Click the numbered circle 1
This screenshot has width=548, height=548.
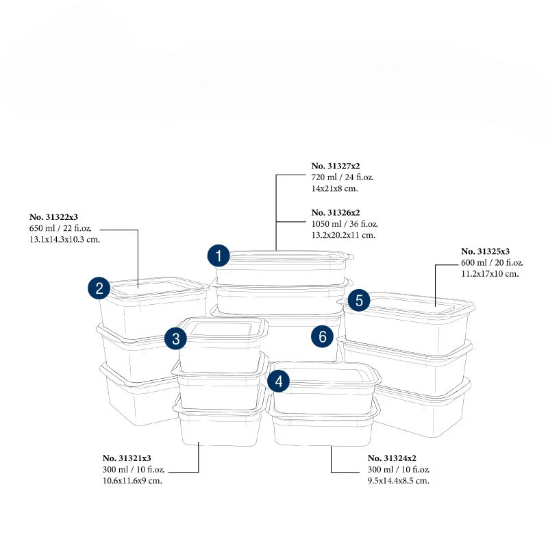(x=219, y=257)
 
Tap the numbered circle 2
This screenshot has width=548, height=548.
(x=99, y=288)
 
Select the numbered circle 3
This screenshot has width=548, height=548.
(x=176, y=338)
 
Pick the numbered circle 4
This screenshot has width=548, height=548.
(x=278, y=382)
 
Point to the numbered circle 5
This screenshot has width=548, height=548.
(x=359, y=300)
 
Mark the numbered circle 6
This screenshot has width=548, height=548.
(x=322, y=336)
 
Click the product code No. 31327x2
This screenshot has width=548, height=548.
(x=336, y=166)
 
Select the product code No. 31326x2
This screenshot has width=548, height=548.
(x=336, y=212)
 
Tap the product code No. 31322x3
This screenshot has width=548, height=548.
(x=59, y=216)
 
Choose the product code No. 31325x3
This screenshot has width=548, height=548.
(x=486, y=251)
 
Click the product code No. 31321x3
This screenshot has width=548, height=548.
(x=127, y=458)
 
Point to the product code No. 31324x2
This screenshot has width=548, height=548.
(x=393, y=458)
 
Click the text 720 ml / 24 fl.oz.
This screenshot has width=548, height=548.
(x=342, y=177)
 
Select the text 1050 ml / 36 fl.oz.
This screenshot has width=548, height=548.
(x=345, y=224)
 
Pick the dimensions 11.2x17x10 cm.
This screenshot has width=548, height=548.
(x=490, y=274)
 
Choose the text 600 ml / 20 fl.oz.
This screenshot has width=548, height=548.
(x=493, y=262)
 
